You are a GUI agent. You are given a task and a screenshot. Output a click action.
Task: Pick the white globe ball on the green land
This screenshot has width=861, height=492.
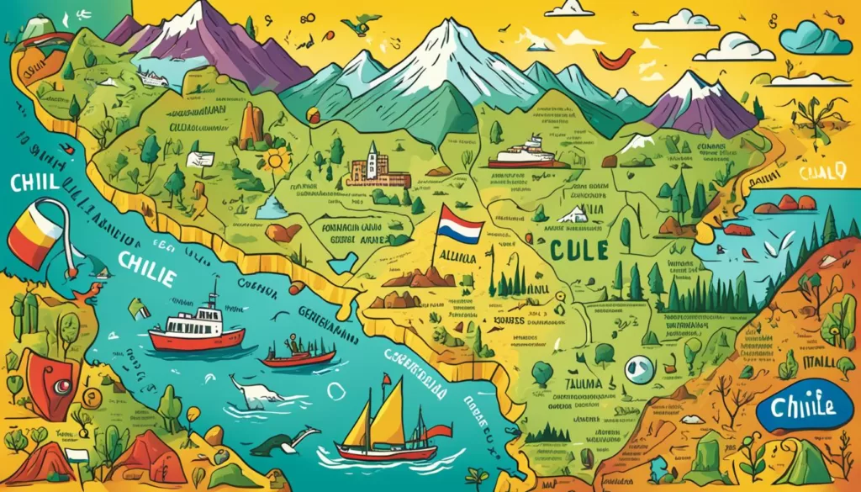point(640,368)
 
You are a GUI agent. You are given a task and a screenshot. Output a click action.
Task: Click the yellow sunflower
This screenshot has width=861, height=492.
point(274,160)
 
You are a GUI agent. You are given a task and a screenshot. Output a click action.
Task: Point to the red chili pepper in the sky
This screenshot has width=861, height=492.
point(614,57)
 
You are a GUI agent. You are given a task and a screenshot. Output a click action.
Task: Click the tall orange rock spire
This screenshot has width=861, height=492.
point(251,126)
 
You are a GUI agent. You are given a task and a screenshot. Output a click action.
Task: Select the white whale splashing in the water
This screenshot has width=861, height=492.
point(251,392)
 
